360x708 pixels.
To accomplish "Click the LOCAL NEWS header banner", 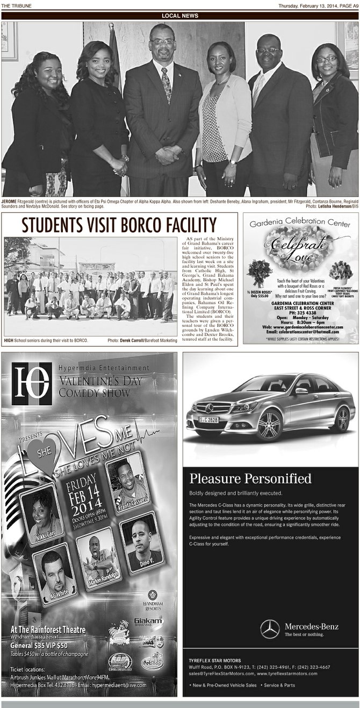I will [x=180, y=16].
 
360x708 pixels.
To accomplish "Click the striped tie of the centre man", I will [x=166, y=84].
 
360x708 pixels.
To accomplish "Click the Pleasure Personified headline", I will [x=250, y=478].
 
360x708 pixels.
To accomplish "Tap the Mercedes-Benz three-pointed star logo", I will [x=270, y=629].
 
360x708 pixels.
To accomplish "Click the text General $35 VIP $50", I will [x=39, y=645].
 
